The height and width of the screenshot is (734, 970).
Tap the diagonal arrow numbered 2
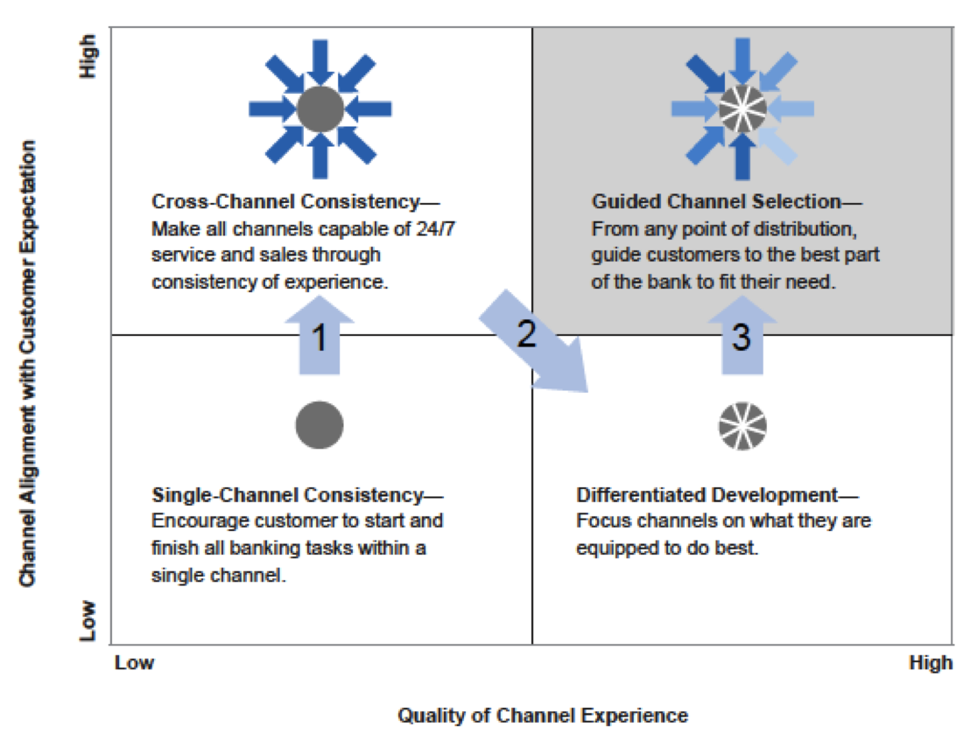pos(533,342)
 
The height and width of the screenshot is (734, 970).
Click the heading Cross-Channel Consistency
pos(285,202)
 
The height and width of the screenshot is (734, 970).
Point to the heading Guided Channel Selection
pos(716,202)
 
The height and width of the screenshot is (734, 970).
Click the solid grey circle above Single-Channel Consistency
pos(320,425)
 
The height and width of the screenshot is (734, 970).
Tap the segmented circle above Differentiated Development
pos(742,426)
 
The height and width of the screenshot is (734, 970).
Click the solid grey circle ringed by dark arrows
pos(320,109)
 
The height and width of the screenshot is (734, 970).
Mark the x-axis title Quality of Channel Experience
pos(543,716)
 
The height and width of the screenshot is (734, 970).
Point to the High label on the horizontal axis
pos(930,662)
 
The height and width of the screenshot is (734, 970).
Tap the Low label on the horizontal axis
pos(135,662)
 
